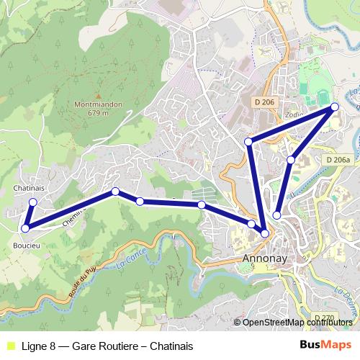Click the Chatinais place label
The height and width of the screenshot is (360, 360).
pos(30,188)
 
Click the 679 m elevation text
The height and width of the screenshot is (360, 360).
pos(97,113)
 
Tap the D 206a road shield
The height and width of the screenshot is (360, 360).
pos(337,160)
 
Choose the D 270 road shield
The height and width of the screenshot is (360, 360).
pos(325,318)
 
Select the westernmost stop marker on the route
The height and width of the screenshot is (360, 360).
pos(25,228)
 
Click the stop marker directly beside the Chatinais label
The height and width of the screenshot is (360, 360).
pos(32,202)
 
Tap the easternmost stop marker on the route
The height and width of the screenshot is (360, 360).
pos(335,107)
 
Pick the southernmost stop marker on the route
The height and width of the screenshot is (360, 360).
pos(265,233)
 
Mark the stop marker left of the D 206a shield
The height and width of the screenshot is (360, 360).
pos(291,159)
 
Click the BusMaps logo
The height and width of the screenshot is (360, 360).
pos(325,345)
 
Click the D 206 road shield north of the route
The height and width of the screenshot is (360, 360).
pos(264,103)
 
